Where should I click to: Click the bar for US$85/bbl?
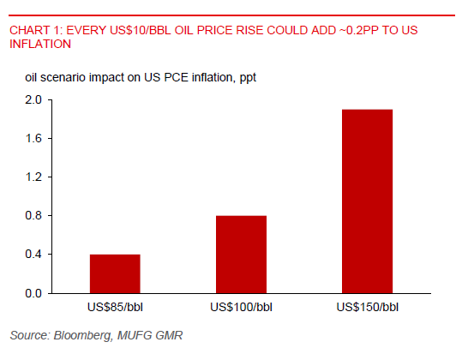[x=115, y=273]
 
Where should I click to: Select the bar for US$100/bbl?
[x=241, y=255]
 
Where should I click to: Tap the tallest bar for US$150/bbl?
[x=367, y=201]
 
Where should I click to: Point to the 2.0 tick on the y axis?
[x=33, y=99]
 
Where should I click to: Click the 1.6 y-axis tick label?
[x=33, y=138]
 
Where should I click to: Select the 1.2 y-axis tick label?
[x=33, y=177]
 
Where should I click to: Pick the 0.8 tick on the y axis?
[x=33, y=216]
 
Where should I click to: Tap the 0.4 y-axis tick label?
[x=33, y=255]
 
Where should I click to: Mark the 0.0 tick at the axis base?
[x=33, y=293]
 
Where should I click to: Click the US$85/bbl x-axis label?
[x=115, y=307]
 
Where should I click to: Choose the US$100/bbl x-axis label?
[x=241, y=307]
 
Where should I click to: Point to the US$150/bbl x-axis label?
[x=367, y=307]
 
